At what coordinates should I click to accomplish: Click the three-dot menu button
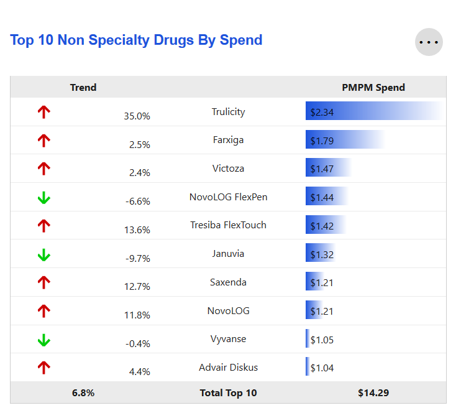coord(429,42)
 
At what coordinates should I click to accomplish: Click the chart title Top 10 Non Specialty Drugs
coord(136,40)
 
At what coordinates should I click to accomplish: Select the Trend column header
coord(83,88)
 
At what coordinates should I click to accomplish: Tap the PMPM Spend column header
coord(373,88)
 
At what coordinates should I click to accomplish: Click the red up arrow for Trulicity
coord(43,113)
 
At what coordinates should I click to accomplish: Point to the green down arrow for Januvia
coord(43,254)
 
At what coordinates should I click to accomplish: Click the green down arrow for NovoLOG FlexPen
coord(43,198)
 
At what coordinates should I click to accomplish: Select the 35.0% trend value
coord(137,116)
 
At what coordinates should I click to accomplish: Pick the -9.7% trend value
coord(137,258)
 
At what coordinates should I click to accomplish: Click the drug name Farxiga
coord(228,140)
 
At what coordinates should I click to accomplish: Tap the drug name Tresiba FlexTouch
coord(228,225)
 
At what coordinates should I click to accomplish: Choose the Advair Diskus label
coord(228,367)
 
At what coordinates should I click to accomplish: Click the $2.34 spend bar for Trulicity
coord(373,112)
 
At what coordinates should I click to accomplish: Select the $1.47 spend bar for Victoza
coord(328,169)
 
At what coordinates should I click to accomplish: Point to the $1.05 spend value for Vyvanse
coord(322,339)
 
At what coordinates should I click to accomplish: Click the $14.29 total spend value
coord(373,393)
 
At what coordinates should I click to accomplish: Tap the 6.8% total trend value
coord(83,393)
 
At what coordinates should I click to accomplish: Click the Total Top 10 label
coord(228,393)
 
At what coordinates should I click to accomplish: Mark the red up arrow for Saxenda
coord(43,282)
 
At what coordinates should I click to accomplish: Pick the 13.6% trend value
coord(137,230)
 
